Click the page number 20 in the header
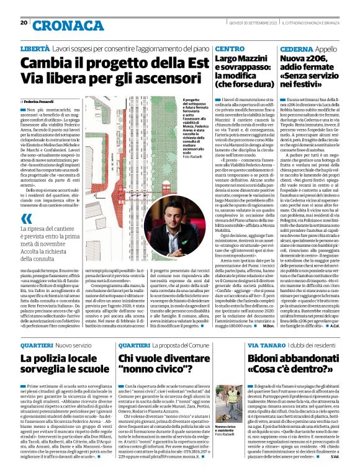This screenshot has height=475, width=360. [24, 22]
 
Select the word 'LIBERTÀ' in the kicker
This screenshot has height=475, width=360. [36, 48]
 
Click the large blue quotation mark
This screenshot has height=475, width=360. [25, 219]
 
